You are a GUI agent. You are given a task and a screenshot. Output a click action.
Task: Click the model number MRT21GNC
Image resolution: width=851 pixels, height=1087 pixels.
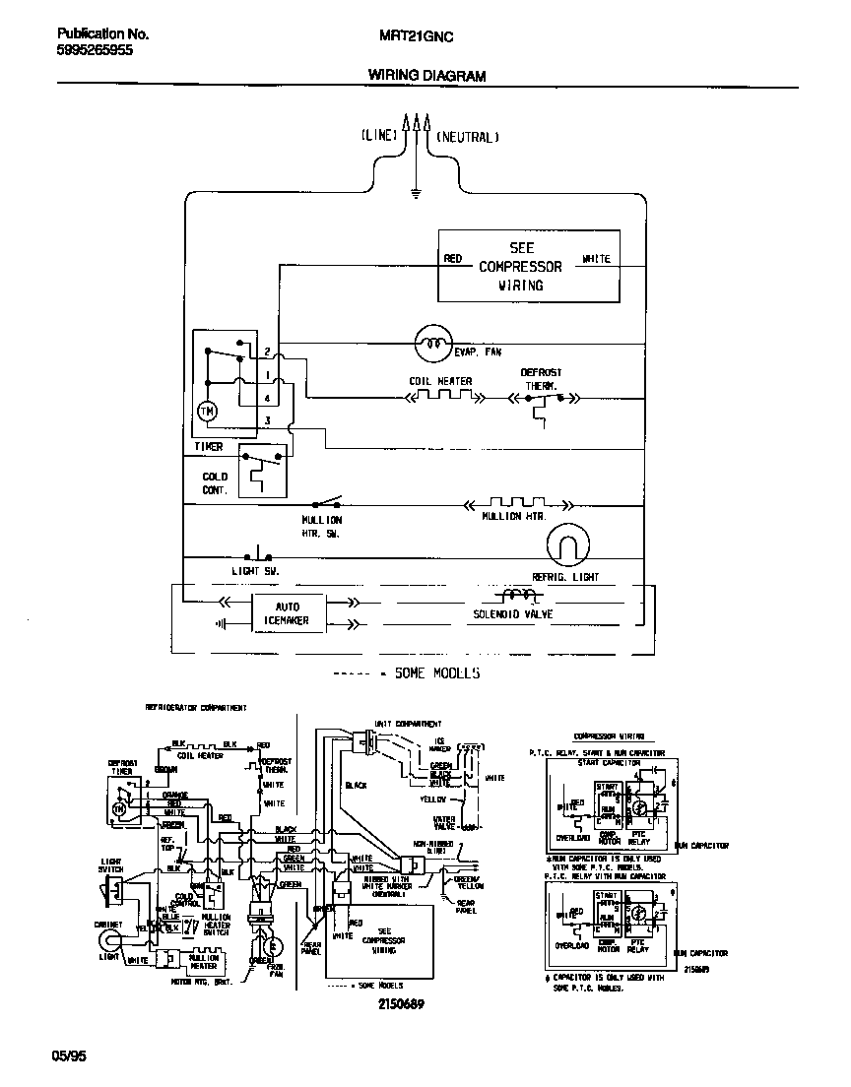tap(416, 33)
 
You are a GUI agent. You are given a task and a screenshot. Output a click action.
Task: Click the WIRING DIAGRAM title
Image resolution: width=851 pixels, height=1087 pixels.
tap(426, 75)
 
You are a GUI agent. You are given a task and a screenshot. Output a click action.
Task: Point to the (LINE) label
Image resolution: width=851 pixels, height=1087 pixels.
tap(379, 137)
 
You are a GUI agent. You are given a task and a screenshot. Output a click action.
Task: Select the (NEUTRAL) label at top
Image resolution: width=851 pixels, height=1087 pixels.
tap(468, 137)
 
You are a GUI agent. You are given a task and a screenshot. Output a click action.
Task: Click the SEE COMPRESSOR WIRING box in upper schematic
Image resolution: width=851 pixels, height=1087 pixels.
tap(529, 267)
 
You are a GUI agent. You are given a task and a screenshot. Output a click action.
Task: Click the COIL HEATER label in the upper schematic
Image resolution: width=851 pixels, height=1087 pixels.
tap(440, 381)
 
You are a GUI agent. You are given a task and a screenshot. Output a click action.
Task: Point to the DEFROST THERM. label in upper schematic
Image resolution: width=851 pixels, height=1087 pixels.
tap(541, 379)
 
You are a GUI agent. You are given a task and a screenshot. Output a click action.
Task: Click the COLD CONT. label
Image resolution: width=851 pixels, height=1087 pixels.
tap(215, 483)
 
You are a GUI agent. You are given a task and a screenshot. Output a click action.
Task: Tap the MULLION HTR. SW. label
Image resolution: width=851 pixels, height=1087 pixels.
tap(322, 526)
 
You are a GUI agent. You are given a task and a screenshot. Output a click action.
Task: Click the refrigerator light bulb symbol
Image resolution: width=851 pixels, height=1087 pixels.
tap(566, 545)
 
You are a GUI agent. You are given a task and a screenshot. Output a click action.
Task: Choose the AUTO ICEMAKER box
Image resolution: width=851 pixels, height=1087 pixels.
tap(287, 613)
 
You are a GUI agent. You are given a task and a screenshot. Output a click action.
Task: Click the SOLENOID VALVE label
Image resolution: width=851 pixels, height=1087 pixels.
tap(512, 614)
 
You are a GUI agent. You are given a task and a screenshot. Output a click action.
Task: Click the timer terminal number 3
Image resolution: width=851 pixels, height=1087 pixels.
tap(267, 421)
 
